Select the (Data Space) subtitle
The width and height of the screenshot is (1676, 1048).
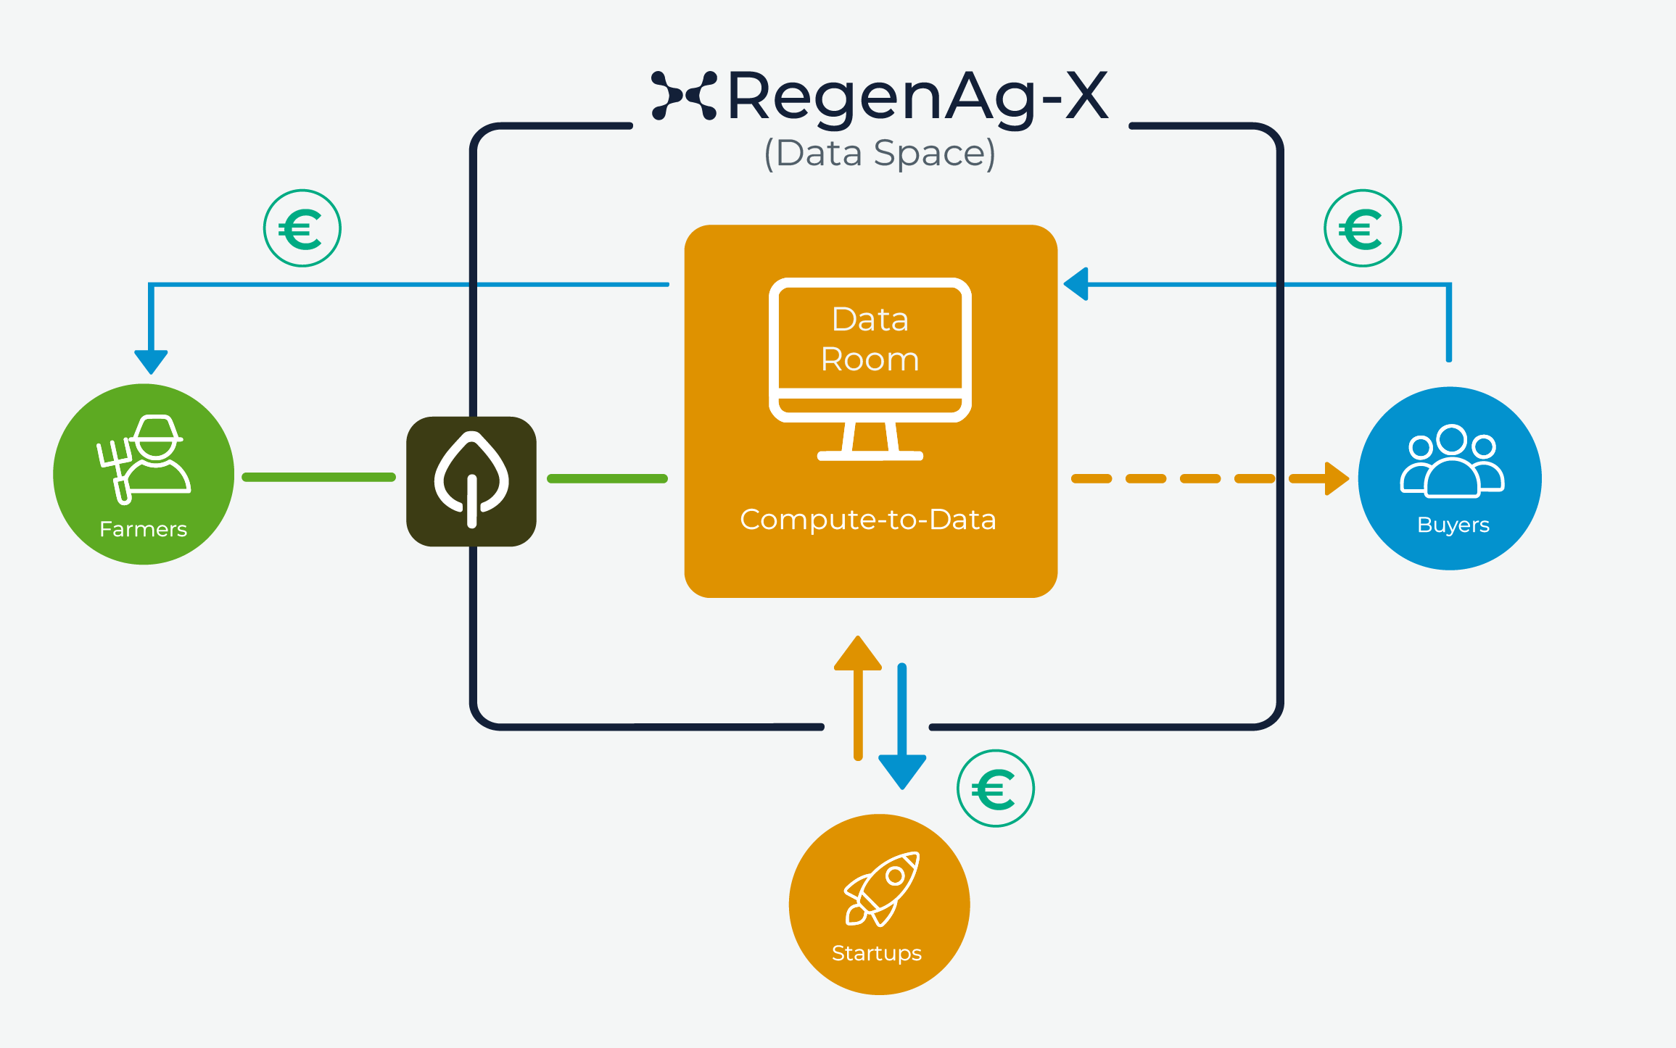(880, 154)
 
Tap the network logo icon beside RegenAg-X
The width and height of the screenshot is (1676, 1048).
(684, 95)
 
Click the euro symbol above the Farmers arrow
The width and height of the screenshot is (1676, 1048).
(302, 229)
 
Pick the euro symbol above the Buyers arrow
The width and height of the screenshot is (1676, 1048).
(1362, 229)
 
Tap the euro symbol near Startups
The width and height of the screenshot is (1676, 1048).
(995, 789)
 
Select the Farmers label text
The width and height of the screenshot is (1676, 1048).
(143, 529)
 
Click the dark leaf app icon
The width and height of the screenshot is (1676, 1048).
(471, 481)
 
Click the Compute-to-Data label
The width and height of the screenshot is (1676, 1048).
(867, 520)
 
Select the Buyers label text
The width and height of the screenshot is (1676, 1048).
(1453, 525)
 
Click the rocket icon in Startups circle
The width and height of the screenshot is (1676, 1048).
(881, 889)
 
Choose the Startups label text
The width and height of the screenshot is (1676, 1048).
(876, 953)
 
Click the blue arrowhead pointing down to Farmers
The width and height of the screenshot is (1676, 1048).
(151, 361)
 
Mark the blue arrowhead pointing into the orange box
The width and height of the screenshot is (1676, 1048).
(1077, 284)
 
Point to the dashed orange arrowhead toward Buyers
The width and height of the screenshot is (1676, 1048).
(1336, 478)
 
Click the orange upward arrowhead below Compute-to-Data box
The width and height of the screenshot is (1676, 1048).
(858, 654)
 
